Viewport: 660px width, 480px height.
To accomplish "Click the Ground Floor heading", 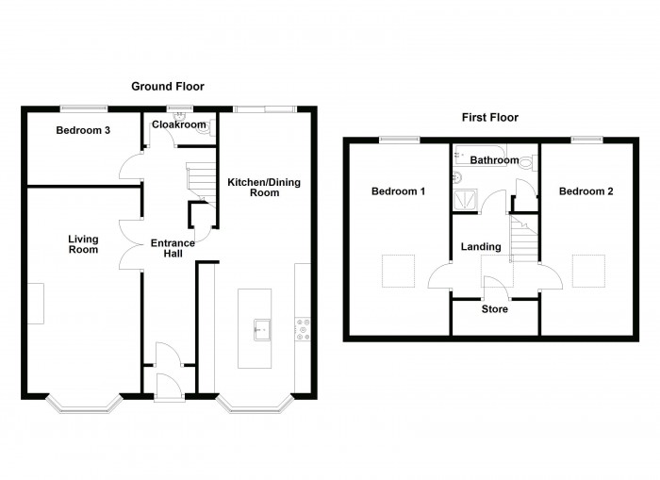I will tap(167, 87).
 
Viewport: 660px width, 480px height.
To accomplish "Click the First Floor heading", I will tap(489, 118).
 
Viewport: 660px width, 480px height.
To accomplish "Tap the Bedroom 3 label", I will tap(84, 130).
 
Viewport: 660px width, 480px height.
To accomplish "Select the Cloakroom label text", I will tap(179, 124).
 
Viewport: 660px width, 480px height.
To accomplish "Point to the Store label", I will tap(494, 309).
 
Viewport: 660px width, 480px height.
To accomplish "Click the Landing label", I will tap(480, 247).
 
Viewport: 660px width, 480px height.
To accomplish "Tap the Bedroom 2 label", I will tap(586, 191).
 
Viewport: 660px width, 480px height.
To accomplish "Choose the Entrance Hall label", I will tap(173, 249).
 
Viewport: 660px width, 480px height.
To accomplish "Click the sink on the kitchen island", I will tap(261, 329).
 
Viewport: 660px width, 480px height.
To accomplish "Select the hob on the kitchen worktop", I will tap(304, 328).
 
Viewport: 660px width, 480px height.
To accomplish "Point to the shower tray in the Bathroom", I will tap(464, 199).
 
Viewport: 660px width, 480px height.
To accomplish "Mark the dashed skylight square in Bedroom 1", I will tap(397, 272).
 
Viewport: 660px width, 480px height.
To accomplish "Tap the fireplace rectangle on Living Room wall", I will tap(36, 303).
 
